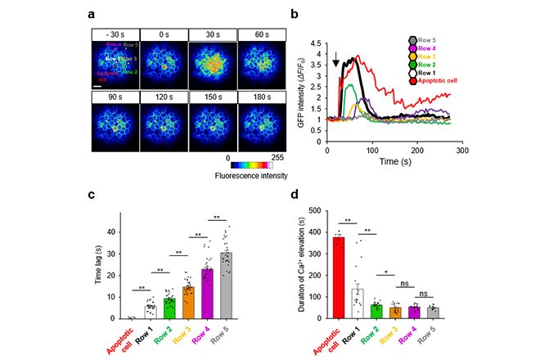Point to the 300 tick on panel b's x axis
[x=461, y=152]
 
